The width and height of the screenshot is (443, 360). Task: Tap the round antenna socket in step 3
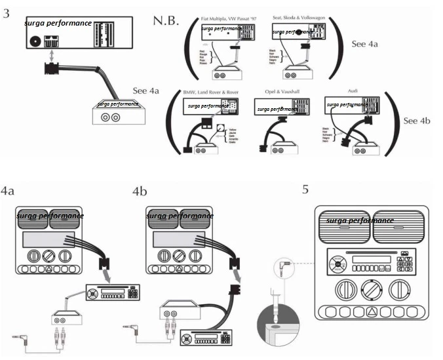pos(35,41)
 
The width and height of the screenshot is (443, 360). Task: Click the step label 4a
pos(8,192)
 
